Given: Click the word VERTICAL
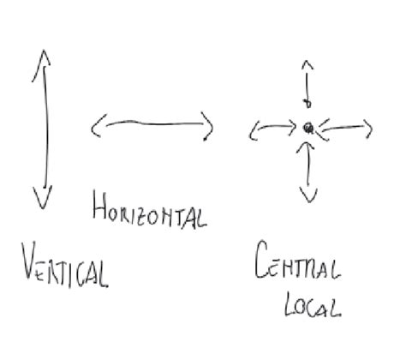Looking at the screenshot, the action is click(65, 265).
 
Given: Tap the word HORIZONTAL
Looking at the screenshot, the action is click(150, 211).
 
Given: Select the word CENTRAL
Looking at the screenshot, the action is click(297, 260).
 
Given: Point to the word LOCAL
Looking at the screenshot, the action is click(313, 304).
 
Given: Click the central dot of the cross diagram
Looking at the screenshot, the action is click(308, 128).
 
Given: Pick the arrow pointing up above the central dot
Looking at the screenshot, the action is click(307, 84).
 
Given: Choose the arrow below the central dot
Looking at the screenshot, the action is click(308, 171).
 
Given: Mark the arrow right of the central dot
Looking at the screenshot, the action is click(345, 128).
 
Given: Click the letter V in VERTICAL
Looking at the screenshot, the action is click(29, 260).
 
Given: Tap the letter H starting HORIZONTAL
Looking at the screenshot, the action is click(99, 205).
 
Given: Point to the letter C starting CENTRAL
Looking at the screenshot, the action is click(261, 260).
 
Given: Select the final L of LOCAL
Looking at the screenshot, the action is click(337, 309).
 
